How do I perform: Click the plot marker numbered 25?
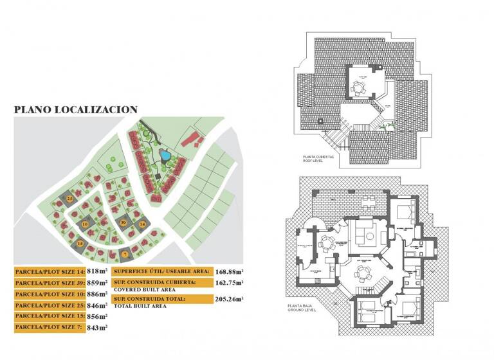[x=69, y=199]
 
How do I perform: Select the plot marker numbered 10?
[x=85, y=224]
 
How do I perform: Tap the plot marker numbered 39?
[x=123, y=222]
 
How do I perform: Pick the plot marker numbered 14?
[x=142, y=224]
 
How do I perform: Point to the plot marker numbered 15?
[x=80, y=244]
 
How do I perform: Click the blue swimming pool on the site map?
[x=164, y=155]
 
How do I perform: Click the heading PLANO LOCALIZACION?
[x=76, y=110]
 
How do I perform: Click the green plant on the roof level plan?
[x=385, y=129]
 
